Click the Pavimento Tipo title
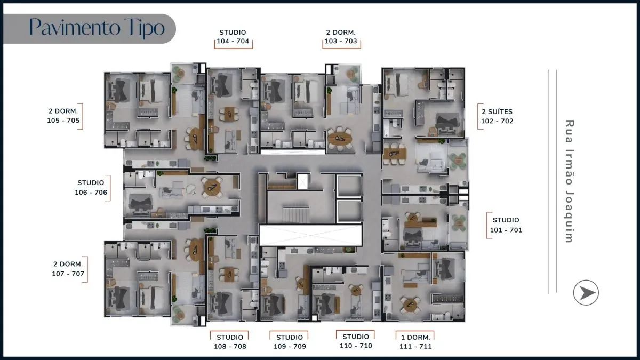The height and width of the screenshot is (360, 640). click(97, 27)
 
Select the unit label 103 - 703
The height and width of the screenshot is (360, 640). click(340, 42)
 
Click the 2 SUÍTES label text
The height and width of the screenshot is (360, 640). click(497, 111)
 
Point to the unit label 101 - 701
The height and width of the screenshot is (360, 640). click(506, 230)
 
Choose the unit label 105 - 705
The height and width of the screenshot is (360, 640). click(63, 121)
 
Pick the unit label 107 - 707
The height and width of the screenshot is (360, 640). click(68, 274)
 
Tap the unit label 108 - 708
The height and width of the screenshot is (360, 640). click(229, 346)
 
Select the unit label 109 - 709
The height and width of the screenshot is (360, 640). click(290, 346)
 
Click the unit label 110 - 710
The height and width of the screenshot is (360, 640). click(356, 346)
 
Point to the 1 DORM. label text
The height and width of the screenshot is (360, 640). click(415, 337)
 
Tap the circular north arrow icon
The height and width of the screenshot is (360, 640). click(586, 293)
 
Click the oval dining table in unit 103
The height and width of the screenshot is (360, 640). click(340, 138)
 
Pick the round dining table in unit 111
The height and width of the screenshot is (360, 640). click(410, 305)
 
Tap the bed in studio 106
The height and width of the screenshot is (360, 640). click(140, 202)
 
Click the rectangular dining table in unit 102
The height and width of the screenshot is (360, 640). click(395, 154)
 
